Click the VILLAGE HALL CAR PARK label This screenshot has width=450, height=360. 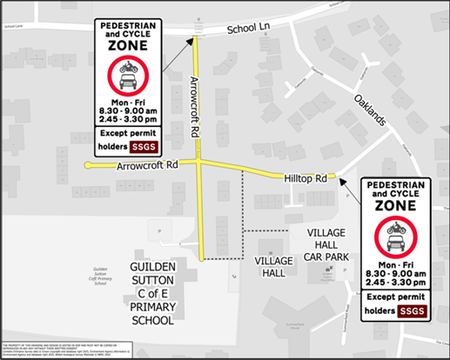tap(340, 245)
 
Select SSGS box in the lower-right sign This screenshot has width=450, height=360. tap(412, 310)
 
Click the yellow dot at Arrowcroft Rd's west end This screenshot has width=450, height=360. tap(88, 163)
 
